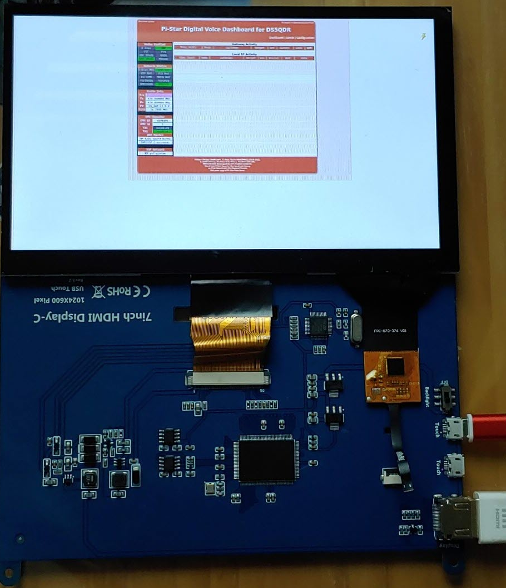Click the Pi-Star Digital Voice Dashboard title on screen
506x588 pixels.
pyautogui.click(x=226, y=29)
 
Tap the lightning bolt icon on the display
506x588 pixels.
pyautogui.click(x=424, y=37)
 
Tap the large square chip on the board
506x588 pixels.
pyautogui.click(x=265, y=459)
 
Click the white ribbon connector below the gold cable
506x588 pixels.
pyautogui.click(x=228, y=380)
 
